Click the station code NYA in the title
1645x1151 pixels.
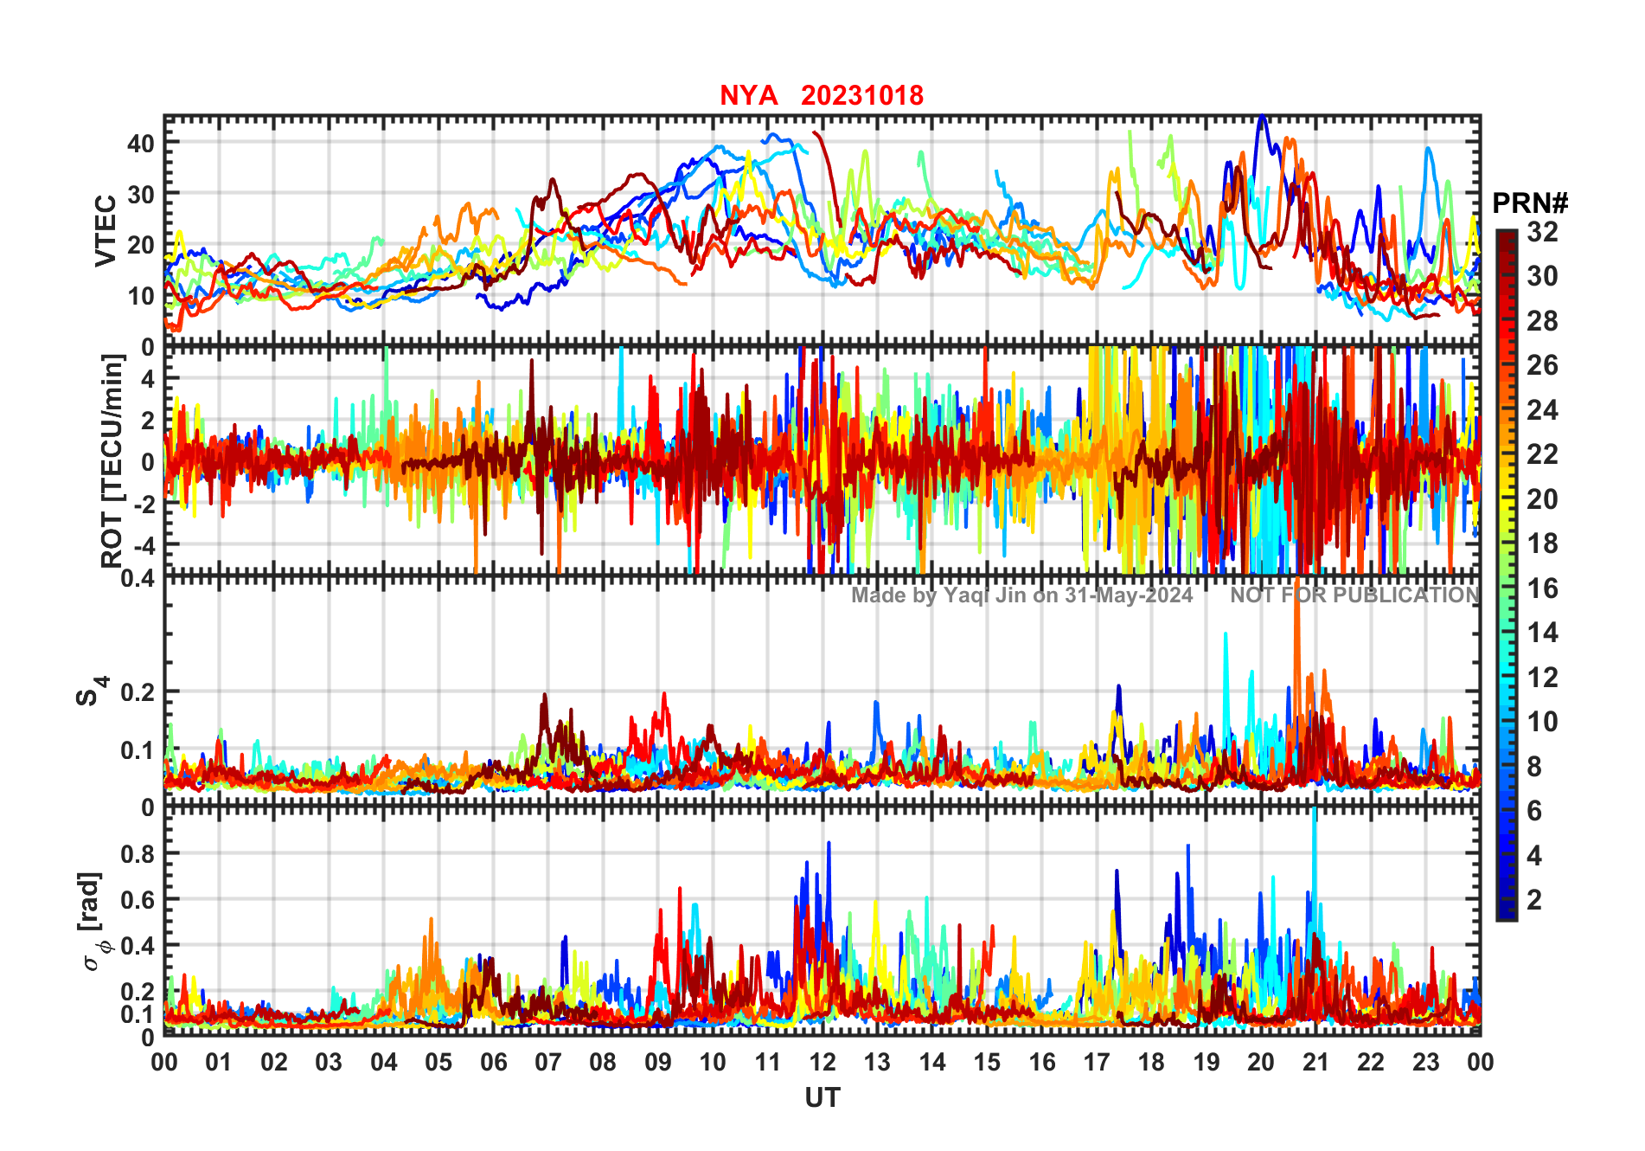(x=748, y=95)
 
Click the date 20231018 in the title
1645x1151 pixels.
(x=861, y=95)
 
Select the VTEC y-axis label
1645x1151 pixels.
(x=106, y=230)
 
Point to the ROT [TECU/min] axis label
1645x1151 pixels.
(x=112, y=460)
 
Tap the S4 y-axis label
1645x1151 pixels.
(x=89, y=692)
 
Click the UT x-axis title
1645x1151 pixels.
(x=822, y=1097)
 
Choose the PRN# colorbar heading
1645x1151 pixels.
(x=1529, y=203)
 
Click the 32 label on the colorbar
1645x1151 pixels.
(x=1542, y=231)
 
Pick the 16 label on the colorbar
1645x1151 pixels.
(x=1542, y=588)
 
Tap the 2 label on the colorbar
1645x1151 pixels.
(x=1534, y=900)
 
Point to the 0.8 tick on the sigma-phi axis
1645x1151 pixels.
(x=138, y=854)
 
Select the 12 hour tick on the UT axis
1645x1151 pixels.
(x=822, y=1062)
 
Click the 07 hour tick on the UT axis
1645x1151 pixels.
(x=547, y=1062)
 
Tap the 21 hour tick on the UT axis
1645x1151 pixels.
(x=1315, y=1062)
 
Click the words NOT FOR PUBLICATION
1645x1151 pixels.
(x=1354, y=595)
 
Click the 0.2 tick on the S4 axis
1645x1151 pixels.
(x=138, y=692)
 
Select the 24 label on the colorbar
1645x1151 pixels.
(x=1542, y=409)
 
